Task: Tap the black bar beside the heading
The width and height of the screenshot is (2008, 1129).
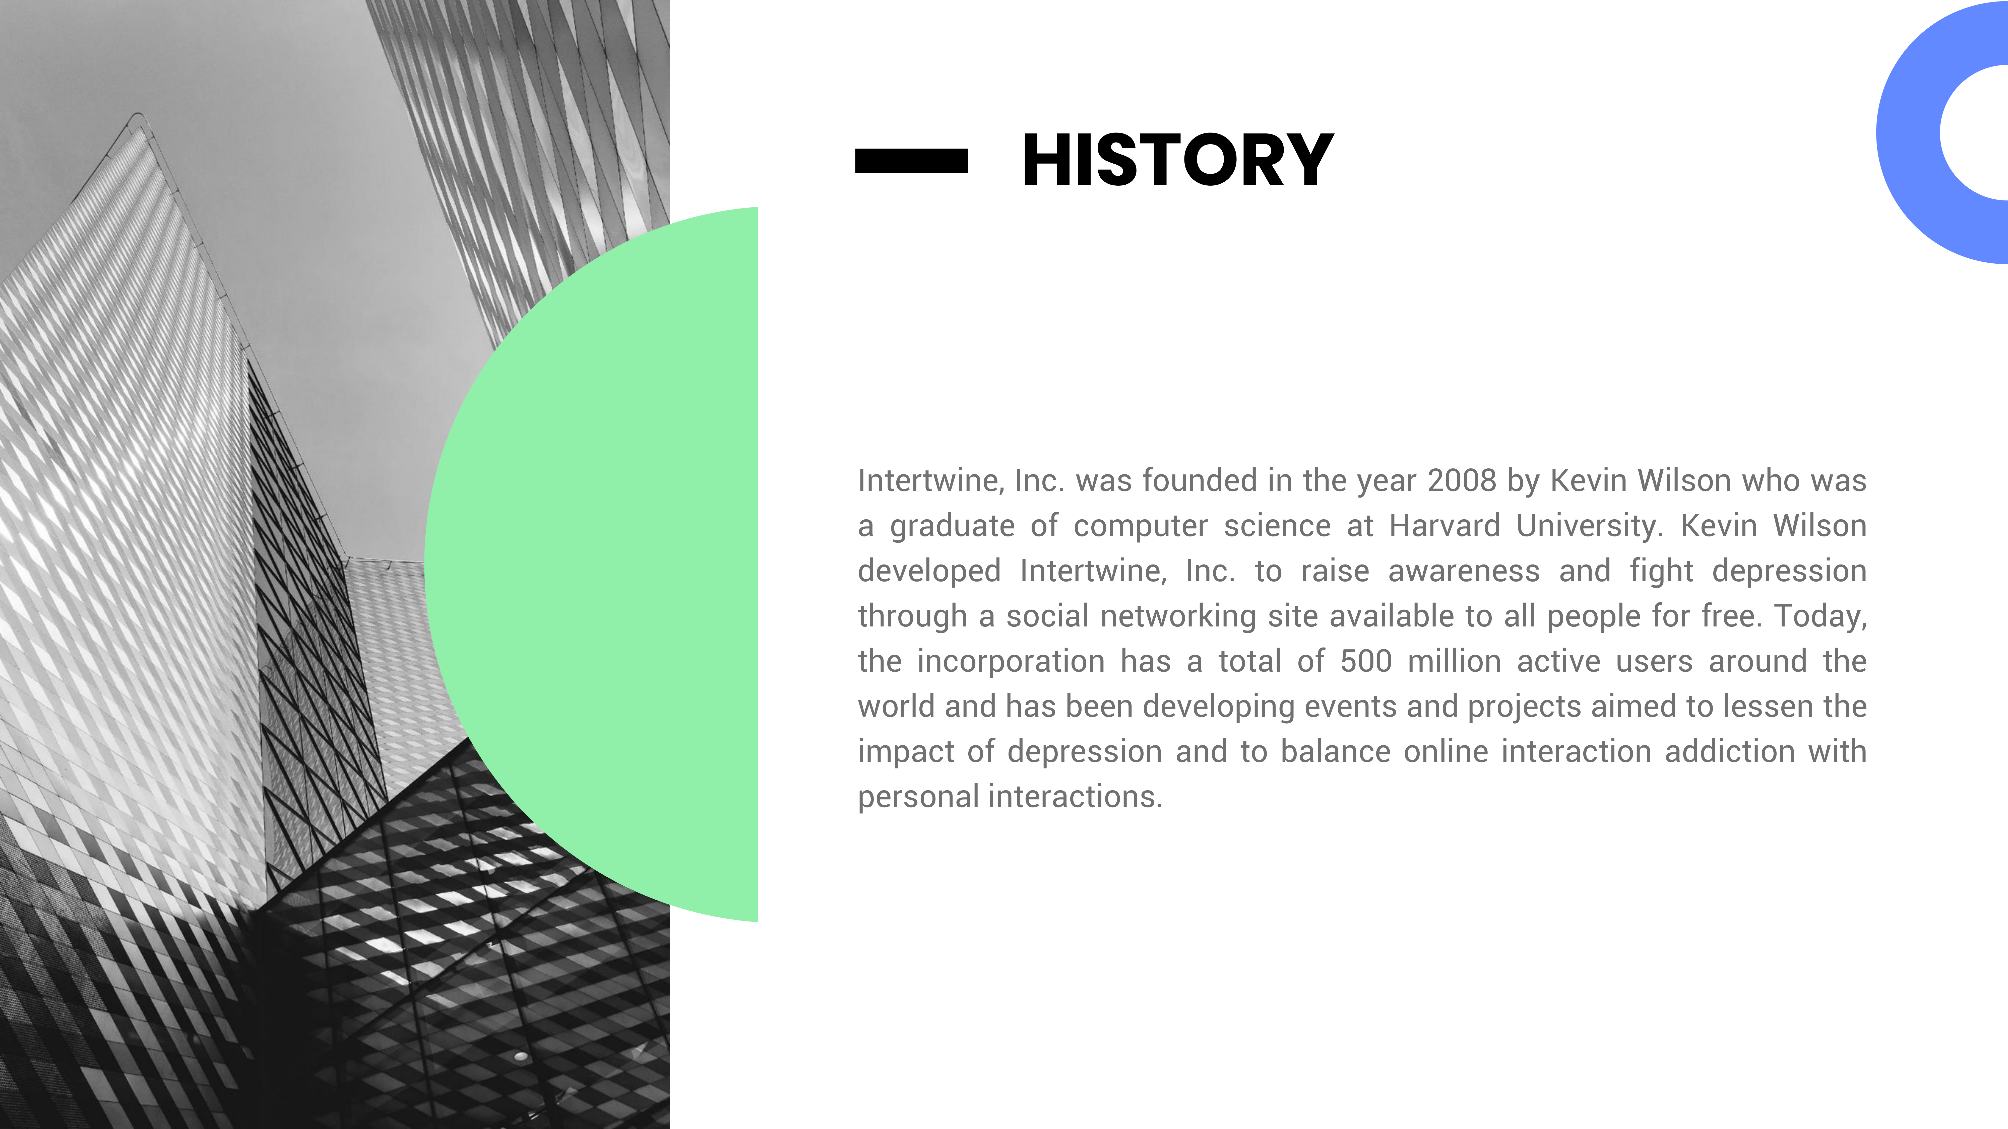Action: (911, 161)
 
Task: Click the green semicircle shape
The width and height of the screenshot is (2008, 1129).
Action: (591, 564)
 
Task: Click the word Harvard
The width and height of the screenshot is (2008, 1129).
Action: (1445, 526)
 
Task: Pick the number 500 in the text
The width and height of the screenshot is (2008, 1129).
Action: (1366, 662)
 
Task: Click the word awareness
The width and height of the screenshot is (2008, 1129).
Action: (1464, 571)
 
